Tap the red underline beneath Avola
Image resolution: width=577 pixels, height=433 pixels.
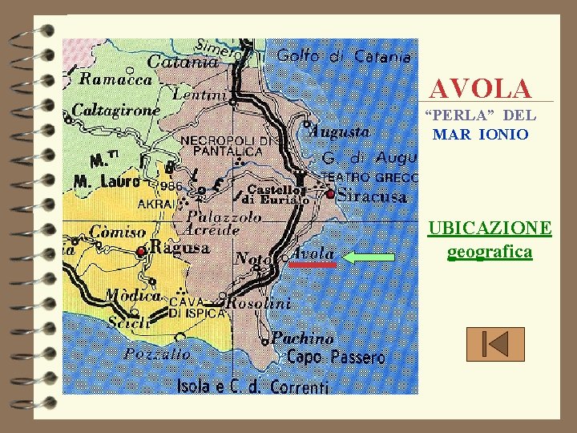click(x=313, y=264)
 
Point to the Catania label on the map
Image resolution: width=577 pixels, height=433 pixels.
click(x=183, y=61)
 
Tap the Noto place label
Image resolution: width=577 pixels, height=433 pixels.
click(x=254, y=258)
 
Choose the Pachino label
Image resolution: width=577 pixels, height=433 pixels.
click(x=302, y=338)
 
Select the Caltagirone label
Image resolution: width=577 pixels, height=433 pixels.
click(x=116, y=110)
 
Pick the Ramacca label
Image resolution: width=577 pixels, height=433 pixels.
click(x=115, y=79)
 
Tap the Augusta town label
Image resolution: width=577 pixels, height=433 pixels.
click(x=340, y=131)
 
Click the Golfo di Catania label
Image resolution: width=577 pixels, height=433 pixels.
click(x=345, y=57)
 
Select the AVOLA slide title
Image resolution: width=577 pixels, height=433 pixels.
click(x=480, y=88)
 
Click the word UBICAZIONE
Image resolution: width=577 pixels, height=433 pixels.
click(x=490, y=229)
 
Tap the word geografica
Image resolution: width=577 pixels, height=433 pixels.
click(x=490, y=253)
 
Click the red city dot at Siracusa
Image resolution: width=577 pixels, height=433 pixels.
click(x=330, y=194)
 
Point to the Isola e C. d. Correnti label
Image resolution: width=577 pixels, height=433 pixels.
click(x=252, y=387)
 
